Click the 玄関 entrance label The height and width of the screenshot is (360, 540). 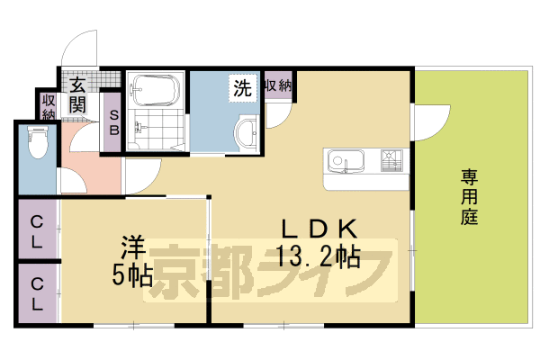tap(77, 97)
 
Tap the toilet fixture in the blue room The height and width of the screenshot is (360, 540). tap(37, 143)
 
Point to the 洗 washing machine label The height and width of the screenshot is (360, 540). tap(241, 88)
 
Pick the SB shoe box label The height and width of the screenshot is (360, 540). tap(113, 121)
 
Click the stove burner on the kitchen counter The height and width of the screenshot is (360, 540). tap(391, 161)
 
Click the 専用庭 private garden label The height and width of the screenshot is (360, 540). tap(469, 195)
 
